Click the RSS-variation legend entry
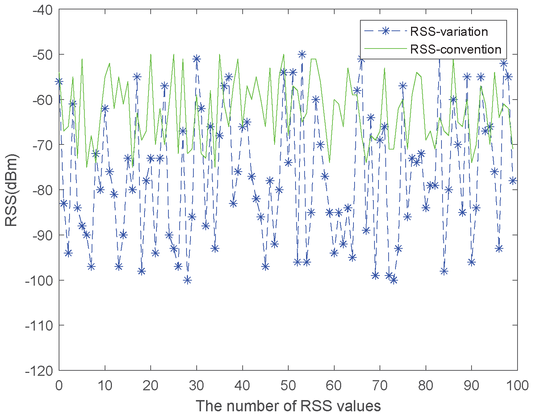point(449,32)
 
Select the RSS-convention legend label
point(456,49)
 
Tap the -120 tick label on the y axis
point(40,370)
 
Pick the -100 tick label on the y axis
point(40,280)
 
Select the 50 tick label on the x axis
point(288,385)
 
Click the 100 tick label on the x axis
point(517,385)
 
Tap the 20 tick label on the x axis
point(151,385)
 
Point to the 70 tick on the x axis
point(380,385)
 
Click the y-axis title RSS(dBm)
point(12,190)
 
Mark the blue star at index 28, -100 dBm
point(187,280)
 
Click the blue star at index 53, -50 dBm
point(302,54)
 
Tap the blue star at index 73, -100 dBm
point(393,280)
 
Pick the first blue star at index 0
point(59,81)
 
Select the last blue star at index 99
point(512,181)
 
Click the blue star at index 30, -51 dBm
point(196,59)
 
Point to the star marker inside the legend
point(385,31)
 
